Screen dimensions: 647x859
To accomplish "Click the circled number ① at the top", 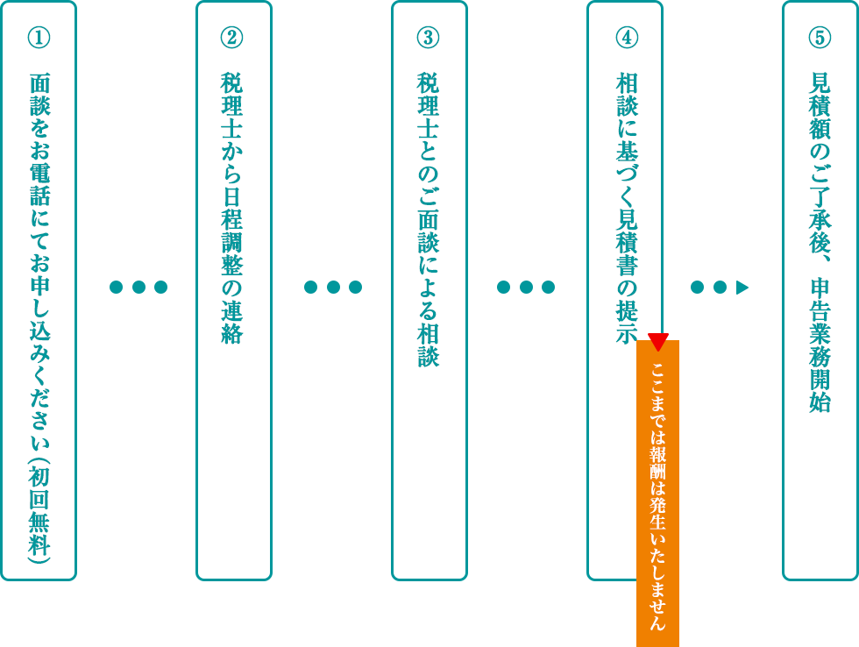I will [39, 38].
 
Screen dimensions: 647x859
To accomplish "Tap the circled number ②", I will [232, 38].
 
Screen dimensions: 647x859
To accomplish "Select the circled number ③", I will [428, 38].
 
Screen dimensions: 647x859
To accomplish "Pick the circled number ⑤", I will [820, 38].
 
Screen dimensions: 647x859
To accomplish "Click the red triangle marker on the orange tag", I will [658, 340].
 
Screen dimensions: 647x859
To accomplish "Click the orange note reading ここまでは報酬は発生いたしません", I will [657, 491].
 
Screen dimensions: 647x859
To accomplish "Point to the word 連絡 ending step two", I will [232, 320].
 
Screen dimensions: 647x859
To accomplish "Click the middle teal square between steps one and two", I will [138, 287].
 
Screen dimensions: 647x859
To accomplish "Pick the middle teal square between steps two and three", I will [332, 287].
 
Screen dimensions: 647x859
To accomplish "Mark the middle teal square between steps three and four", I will [526, 287].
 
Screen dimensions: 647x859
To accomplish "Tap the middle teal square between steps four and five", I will [720, 287].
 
